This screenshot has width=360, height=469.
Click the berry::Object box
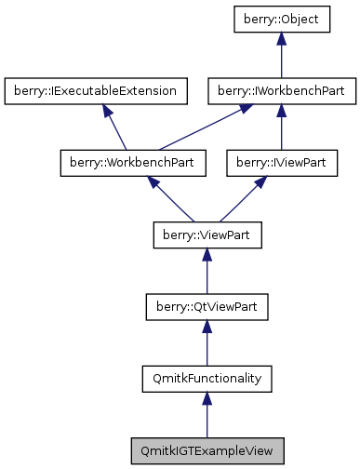click(x=282, y=20)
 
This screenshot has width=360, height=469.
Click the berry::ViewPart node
click(x=207, y=234)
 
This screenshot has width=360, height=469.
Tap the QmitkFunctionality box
click(x=207, y=378)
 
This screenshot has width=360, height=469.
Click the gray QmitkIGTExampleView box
click(x=207, y=449)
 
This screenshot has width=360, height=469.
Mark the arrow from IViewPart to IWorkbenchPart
click(x=282, y=128)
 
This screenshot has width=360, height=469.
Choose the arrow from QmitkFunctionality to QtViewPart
click(x=207, y=343)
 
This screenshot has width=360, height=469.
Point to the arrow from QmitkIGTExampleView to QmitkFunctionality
click(x=207, y=415)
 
